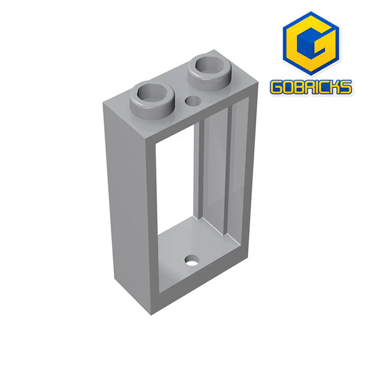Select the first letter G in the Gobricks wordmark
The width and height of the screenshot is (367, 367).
277,87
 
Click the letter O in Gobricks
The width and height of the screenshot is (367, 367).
290,87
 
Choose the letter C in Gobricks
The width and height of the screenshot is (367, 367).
329,87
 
